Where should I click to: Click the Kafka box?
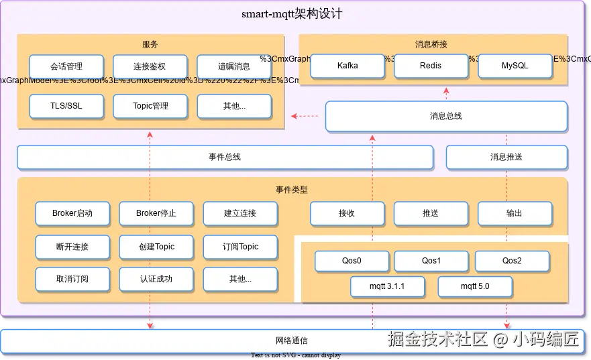coord(347,66)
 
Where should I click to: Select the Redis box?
coord(431,66)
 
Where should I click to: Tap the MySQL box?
coord(515,66)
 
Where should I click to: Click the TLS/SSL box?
coord(66,106)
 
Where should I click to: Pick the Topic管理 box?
coord(150,106)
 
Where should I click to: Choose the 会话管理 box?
coord(66,67)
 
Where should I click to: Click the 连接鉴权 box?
coord(150,67)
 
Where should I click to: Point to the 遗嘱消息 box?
coord(233,67)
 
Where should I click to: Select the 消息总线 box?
coord(446,116)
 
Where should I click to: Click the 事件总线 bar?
coord(225,157)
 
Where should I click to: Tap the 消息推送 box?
coord(506,157)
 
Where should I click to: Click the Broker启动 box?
coord(72,213)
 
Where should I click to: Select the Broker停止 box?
coord(156,213)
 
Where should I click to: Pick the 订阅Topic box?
coord(240,247)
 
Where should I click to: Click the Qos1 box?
coord(431,261)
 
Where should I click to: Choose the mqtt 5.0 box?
coord(475,287)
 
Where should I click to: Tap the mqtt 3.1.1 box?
coord(387,287)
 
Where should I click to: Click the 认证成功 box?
coord(156,279)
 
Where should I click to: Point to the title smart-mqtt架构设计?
coord(292,14)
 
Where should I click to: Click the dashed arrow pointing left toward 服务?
coord(305,117)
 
